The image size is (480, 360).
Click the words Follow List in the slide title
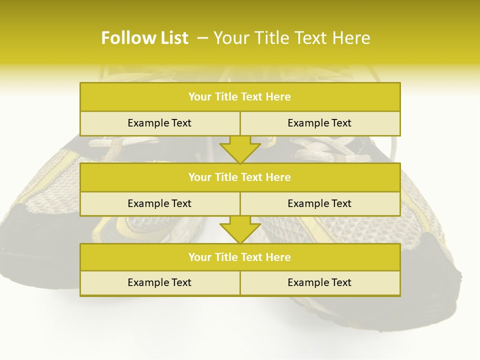coord(144,38)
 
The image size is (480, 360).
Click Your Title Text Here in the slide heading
coord(291,38)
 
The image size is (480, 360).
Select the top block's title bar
coord(240,97)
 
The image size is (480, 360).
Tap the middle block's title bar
coord(240,177)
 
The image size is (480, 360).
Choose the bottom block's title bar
coord(240,257)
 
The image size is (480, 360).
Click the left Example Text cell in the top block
coord(159,123)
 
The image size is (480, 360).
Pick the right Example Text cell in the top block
coord(319,123)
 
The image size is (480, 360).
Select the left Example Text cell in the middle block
coord(159,203)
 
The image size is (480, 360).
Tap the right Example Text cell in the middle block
coord(319,203)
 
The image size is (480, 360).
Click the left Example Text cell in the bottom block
coord(159,282)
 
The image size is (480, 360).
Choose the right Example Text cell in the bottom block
coord(319,282)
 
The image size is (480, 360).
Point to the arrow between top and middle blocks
coord(240,149)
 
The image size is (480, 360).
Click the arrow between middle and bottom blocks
coord(240,229)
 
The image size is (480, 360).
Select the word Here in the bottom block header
coord(278,257)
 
